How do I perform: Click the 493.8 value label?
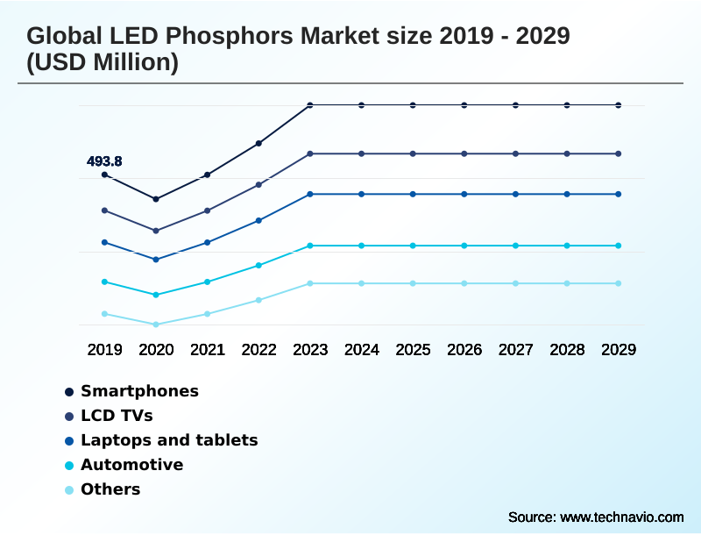(x=104, y=161)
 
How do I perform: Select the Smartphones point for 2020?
(x=156, y=199)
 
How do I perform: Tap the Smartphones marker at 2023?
(x=310, y=105)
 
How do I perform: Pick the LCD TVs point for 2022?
(x=258, y=184)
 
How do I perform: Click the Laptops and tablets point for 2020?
(x=156, y=260)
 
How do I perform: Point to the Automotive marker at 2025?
(x=413, y=246)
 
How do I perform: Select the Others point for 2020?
(x=156, y=325)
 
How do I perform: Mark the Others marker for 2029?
(x=619, y=283)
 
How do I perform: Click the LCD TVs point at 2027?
(x=515, y=153)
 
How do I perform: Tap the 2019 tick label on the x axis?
(x=104, y=349)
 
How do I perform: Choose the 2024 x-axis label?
(x=362, y=349)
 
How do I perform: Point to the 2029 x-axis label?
(x=619, y=349)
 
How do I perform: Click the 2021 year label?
(x=208, y=349)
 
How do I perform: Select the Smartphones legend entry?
(x=139, y=391)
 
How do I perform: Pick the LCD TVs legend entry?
(x=117, y=416)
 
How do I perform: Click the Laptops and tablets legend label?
(x=169, y=440)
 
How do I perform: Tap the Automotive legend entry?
(x=131, y=465)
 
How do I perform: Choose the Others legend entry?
(x=110, y=489)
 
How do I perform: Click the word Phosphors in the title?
(x=208, y=37)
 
